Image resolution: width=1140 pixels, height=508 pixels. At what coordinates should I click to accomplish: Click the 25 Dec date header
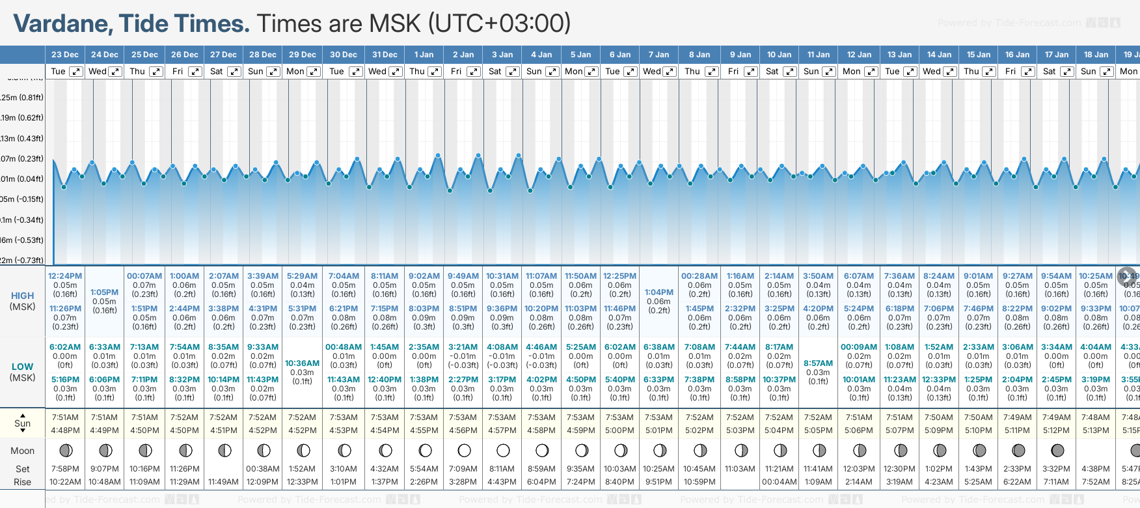144,55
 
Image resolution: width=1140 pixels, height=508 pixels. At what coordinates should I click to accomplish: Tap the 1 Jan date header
424,55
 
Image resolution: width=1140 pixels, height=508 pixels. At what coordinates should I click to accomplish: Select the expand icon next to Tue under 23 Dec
76,72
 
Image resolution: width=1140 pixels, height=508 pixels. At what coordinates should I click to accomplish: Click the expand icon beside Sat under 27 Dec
234,72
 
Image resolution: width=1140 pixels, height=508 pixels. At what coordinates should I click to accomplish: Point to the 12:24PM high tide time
65,276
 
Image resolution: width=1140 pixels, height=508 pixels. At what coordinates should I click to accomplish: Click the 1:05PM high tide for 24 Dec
104,292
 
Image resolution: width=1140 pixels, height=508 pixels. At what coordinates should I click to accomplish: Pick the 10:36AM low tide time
302,363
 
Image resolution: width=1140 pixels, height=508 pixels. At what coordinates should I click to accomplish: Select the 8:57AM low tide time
818,363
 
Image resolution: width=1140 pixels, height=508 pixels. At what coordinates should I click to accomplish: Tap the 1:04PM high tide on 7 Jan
658,292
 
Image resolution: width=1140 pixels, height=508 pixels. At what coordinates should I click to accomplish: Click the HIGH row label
22,296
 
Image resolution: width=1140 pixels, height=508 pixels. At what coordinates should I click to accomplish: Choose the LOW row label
22,367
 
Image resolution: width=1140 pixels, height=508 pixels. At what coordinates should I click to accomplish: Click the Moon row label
22,451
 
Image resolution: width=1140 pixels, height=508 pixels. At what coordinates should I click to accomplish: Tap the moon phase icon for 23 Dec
65,450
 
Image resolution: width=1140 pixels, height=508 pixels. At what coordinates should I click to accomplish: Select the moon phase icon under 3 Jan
503,450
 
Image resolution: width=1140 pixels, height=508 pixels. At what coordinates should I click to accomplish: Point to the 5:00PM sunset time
619,430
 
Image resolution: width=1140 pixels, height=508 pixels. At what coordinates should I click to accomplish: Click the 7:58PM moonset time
65,469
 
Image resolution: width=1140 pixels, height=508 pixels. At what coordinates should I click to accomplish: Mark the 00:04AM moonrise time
779,482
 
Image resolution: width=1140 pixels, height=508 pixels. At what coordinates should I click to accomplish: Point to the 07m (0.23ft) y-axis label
22,159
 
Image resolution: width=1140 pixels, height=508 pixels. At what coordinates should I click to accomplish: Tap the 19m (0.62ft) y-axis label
22,118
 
